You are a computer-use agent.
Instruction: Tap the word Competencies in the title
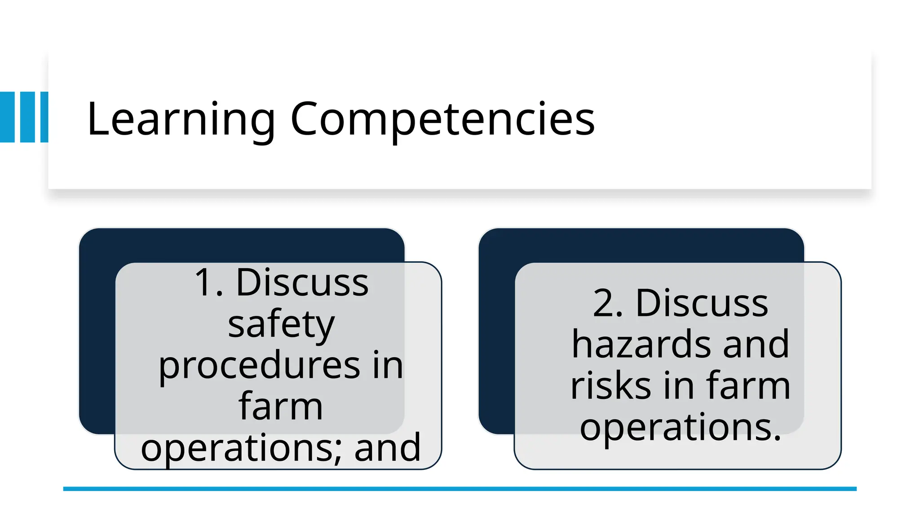click(x=442, y=119)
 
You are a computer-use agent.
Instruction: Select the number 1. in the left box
click(x=208, y=283)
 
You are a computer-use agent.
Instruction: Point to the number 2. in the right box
click(x=608, y=303)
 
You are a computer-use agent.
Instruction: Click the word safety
click(x=281, y=324)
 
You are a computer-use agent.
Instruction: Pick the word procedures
click(x=259, y=366)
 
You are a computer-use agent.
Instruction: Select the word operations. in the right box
click(x=680, y=427)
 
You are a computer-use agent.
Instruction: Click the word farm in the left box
click(x=280, y=407)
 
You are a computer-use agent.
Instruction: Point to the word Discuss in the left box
click(x=302, y=283)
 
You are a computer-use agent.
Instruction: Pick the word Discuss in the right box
click(x=702, y=303)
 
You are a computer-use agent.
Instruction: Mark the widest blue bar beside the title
click(x=7, y=117)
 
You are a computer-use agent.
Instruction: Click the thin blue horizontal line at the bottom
click(x=460, y=489)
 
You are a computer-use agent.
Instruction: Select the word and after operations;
click(x=387, y=448)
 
